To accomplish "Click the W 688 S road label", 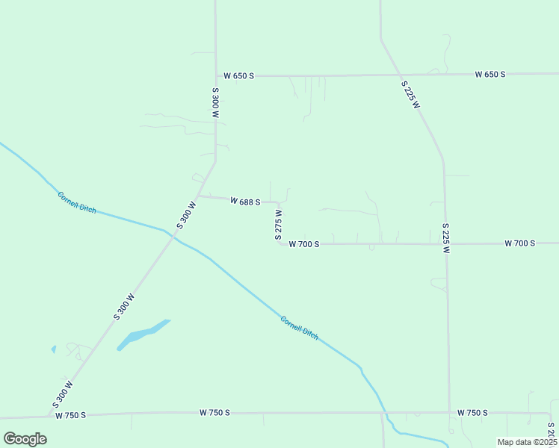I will coord(245,202).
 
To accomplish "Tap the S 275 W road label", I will coord(278,223).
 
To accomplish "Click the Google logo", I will coord(25,438).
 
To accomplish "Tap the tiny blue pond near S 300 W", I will coord(53,349).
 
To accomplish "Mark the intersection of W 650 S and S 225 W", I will coord(398,75).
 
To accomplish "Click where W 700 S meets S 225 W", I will coord(445,243).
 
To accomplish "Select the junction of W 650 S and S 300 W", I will coord(216,75).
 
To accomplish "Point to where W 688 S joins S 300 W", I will coord(199,196).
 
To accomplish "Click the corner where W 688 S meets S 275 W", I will coord(278,203).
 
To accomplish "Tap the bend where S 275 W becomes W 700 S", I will coord(281,243).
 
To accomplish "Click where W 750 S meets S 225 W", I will coord(449,412).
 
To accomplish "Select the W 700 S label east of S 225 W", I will coord(519,243).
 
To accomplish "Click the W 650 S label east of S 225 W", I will coord(490,75).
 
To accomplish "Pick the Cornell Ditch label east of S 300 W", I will coord(300,328).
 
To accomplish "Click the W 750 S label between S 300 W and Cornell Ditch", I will coord(214,412).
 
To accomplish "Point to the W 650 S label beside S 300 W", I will coord(239,76).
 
